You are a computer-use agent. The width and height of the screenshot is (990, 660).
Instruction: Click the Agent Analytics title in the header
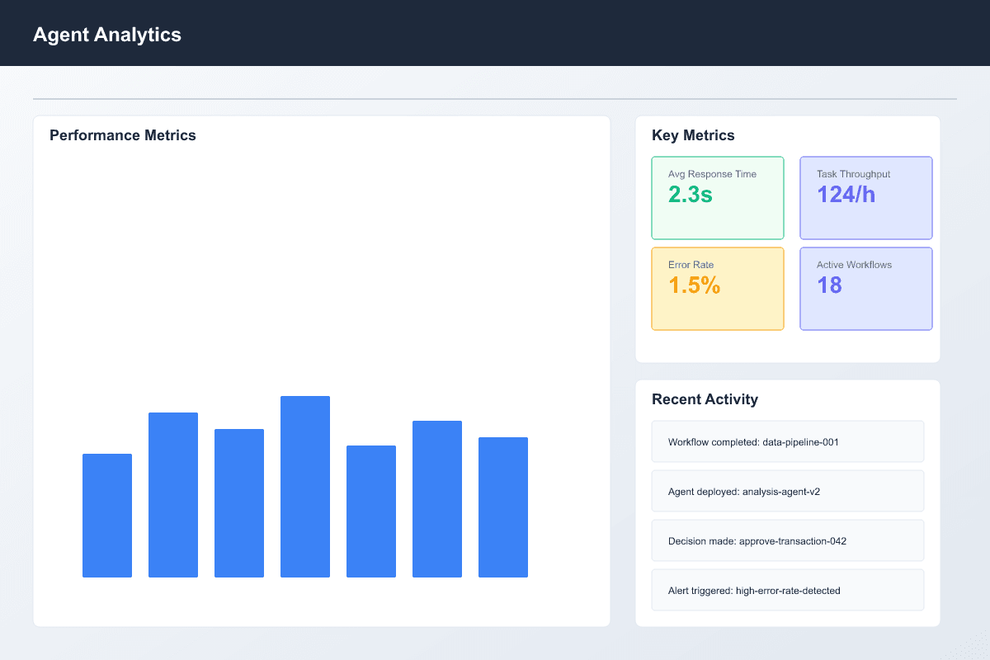(x=106, y=35)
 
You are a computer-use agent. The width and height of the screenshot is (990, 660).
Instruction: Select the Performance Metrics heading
(x=123, y=135)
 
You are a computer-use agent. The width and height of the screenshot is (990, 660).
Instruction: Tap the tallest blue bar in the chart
(x=305, y=487)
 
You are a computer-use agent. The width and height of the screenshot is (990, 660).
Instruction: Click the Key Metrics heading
(x=693, y=135)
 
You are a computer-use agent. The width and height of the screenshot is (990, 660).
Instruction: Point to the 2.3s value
(x=690, y=195)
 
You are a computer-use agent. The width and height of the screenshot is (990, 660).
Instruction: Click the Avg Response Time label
(x=712, y=174)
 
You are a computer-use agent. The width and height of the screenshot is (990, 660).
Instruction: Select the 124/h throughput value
(x=846, y=195)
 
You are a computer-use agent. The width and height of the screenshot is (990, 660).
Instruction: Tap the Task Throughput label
(x=853, y=174)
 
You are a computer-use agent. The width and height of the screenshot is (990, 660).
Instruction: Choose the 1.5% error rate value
(x=694, y=285)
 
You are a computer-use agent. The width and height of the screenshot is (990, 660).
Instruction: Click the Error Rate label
(x=691, y=265)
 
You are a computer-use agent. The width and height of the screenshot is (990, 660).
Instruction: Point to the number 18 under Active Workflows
(x=829, y=285)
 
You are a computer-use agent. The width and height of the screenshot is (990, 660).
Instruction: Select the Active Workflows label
(x=854, y=265)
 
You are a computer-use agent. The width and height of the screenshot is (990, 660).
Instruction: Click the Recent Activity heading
(x=705, y=399)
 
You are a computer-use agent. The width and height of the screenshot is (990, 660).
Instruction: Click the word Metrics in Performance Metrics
(x=168, y=135)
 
